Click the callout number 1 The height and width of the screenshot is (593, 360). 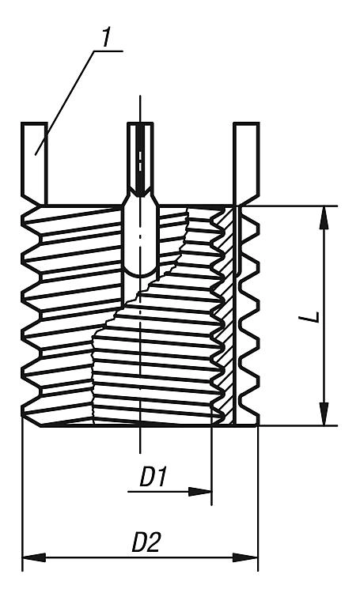pyautogui.click(x=104, y=36)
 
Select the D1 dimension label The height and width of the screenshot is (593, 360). pyautogui.click(x=153, y=477)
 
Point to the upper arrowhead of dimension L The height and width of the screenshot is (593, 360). pyautogui.click(x=324, y=218)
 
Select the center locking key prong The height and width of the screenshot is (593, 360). pyautogui.click(x=140, y=158)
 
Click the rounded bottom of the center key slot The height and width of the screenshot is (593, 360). pyautogui.click(x=140, y=272)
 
